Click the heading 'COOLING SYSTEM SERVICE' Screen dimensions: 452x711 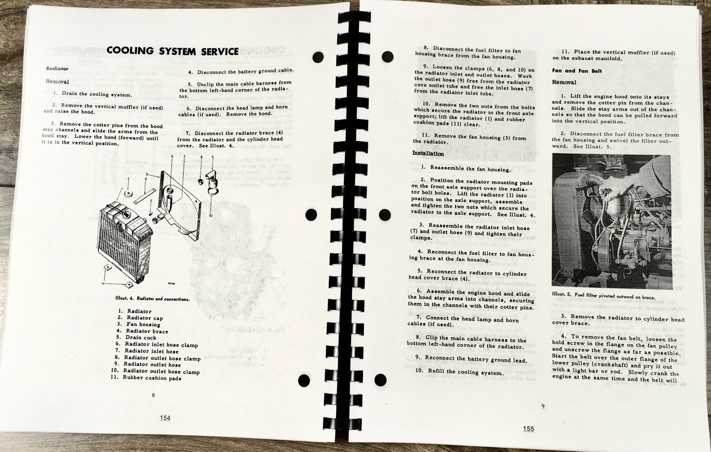pos(172,51)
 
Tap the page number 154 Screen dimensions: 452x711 pos(164,417)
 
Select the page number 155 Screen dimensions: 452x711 pos(528,428)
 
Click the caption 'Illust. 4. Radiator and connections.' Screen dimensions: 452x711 pos(152,299)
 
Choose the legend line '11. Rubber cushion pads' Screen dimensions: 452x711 pos(146,378)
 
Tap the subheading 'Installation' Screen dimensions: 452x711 pos(428,154)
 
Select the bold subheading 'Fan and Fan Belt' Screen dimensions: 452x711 pos(577,71)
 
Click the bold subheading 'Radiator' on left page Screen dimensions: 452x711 pos(57,69)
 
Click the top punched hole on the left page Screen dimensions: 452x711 pos(318,57)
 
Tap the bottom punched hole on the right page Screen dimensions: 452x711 pos(381,380)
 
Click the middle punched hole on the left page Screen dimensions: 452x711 pos(312,214)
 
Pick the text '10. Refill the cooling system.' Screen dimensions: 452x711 pos(459,372)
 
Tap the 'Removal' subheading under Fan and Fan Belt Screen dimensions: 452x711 pos(564,83)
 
